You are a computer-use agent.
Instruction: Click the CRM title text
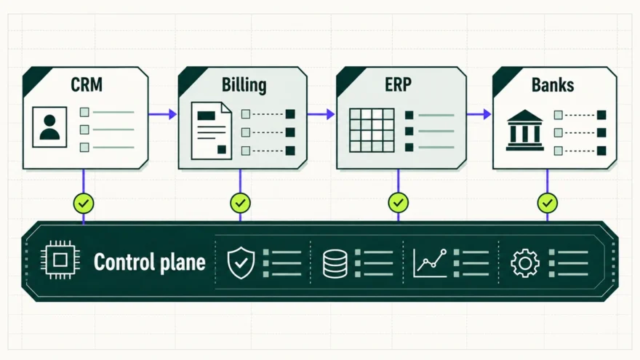[x=87, y=84]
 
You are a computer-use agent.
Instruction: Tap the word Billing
[x=244, y=85]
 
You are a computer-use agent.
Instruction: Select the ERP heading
[x=398, y=84]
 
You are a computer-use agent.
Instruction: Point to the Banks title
[x=553, y=85]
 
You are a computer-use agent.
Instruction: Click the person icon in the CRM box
[x=49, y=127]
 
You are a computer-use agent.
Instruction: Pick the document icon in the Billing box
[x=212, y=131]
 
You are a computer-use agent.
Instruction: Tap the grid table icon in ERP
[x=372, y=130]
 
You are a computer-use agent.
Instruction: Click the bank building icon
[x=525, y=130]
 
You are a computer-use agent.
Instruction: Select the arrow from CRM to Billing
[x=162, y=114]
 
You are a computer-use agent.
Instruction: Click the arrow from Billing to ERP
[x=321, y=114]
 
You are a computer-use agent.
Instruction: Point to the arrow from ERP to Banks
[x=479, y=114]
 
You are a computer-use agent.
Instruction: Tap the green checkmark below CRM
[x=84, y=203]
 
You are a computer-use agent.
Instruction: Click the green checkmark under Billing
[x=241, y=203]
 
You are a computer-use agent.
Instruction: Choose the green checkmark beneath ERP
[x=399, y=202]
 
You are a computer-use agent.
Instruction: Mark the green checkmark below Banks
[x=548, y=203]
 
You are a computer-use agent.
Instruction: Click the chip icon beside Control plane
[x=60, y=260]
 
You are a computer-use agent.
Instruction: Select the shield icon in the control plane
[x=241, y=263]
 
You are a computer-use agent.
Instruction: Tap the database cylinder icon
[x=335, y=264]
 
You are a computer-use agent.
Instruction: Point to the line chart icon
[x=430, y=263]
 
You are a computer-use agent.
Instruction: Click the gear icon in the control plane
[x=525, y=263]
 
